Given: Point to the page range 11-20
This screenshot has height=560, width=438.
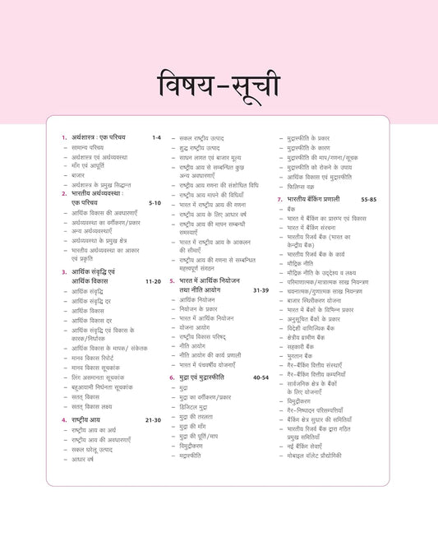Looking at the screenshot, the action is [153, 280].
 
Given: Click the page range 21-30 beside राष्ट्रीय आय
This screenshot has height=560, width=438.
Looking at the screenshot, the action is [153, 419].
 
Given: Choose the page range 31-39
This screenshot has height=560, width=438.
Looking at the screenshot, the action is [260, 289].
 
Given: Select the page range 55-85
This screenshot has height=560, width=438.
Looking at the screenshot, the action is [368, 200].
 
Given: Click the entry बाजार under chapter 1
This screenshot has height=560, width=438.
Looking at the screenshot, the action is [79, 175].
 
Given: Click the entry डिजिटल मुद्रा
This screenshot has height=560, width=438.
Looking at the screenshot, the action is [198, 406].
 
